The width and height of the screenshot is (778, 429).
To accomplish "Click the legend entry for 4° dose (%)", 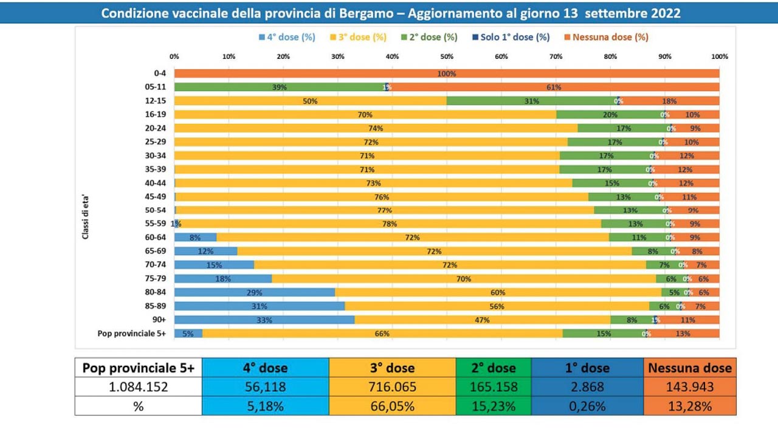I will click(x=287, y=37).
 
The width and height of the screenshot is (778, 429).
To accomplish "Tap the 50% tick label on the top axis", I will click(x=447, y=57).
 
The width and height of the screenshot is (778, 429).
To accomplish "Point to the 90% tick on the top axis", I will click(x=665, y=57).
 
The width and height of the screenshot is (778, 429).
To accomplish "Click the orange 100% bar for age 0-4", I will click(x=447, y=74).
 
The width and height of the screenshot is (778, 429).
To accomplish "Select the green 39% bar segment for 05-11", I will click(x=280, y=88).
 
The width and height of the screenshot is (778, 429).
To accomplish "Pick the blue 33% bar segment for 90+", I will click(x=264, y=320).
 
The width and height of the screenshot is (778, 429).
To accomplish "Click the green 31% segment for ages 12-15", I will click(x=532, y=101).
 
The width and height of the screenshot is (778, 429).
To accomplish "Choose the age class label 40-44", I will click(x=156, y=183).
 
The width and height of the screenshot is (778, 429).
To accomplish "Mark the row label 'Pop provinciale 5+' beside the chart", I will click(x=132, y=333).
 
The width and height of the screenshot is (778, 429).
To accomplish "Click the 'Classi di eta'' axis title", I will click(x=86, y=217).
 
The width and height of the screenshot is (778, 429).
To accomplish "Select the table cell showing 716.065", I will click(x=392, y=386).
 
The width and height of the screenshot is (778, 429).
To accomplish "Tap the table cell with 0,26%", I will click(x=587, y=406).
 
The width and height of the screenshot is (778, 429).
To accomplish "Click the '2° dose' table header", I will click(x=494, y=368).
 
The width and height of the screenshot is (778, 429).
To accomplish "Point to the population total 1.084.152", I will click(x=139, y=386).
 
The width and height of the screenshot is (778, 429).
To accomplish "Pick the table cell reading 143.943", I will click(x=690, y=386).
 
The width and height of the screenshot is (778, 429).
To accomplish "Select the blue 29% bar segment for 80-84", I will click(x=255, y=292).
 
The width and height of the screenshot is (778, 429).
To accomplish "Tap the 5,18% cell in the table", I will click(x=266, y=406).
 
